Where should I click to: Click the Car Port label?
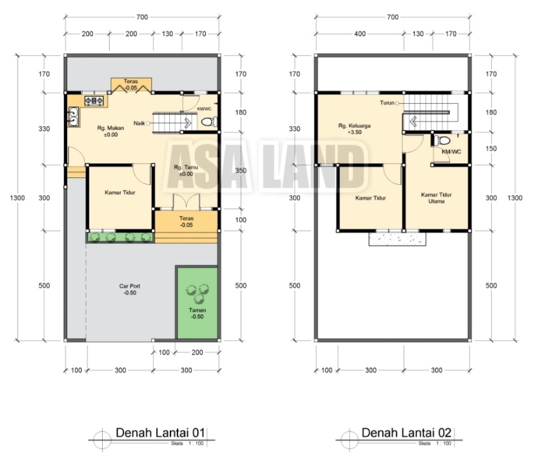pos(130,289)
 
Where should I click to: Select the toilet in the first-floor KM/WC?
pos(208,122)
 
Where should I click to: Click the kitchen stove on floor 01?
pos(94,101)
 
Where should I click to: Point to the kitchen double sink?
pos(74,116)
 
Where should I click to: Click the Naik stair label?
pos(139,123)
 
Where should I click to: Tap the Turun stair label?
pos(387,103)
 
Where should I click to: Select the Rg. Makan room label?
pos(110,131)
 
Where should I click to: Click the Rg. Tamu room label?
pos(186,170)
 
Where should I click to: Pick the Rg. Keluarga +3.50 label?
pos(354,129)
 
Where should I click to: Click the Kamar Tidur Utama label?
pos(436,198)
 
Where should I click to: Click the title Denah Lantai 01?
pos(160,433)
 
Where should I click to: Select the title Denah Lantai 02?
pos(406,433)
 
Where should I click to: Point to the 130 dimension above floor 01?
pos(167,34)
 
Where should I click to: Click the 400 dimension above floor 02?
pos(359,34)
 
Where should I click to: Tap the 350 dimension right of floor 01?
pos(241,170)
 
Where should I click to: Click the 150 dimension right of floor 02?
pos(491,148)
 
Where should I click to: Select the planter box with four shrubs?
pos(120,237)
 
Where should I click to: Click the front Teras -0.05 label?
pos(186,222)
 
